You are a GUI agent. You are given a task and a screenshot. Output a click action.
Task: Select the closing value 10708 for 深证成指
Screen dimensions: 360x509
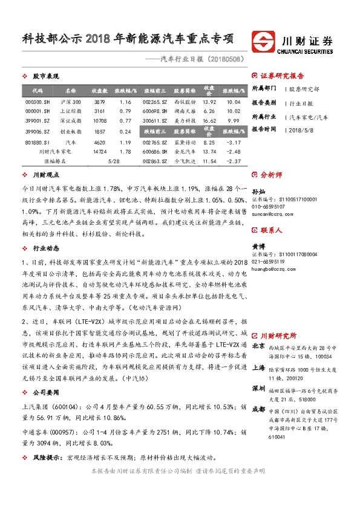(x=100, y=121)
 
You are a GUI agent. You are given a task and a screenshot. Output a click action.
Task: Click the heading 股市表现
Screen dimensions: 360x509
(x=45, y=76)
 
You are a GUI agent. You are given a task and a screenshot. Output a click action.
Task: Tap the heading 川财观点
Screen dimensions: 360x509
(x=45, y=175)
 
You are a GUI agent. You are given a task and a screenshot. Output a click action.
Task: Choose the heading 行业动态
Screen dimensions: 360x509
(x=45, y=248)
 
